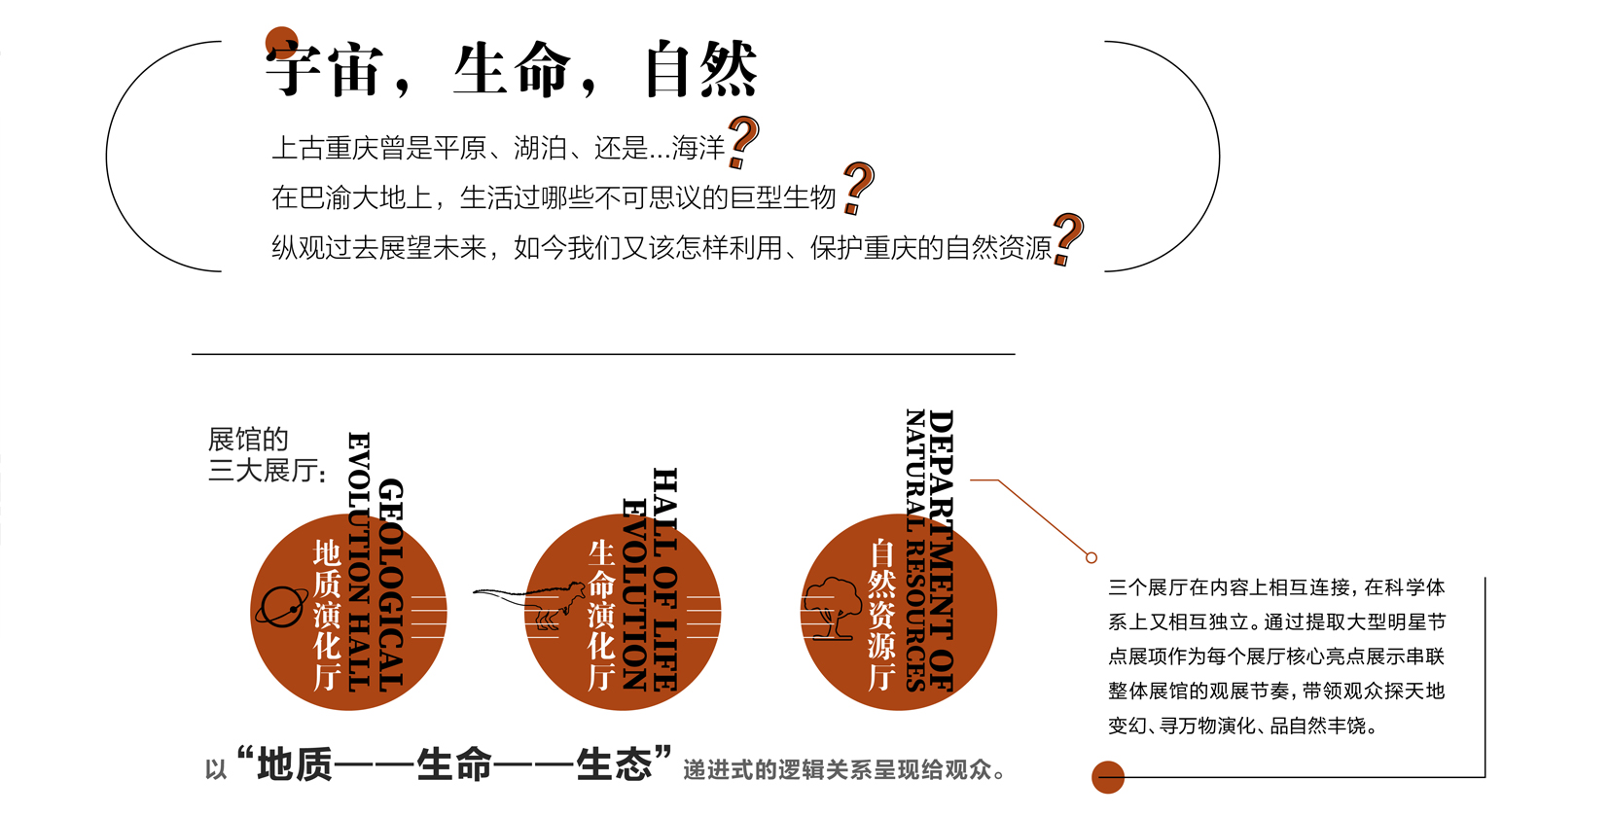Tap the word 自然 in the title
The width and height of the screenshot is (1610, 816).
pyautogui.click(x=700, y=69)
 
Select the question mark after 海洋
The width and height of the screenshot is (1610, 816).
pyautogui.click(x=743, y=143)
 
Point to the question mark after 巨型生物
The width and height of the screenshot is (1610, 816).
pyautogui.click(x=858, y=189)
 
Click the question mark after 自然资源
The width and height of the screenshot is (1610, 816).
pyautogui.click(x=1068, y=239)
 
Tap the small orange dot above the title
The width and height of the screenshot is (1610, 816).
pyautogui.click(x=282, y=43)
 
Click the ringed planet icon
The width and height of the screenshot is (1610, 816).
pyautogui.click(x=282, y=607)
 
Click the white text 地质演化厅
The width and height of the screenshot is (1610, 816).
pyautogui.click(x=327, y=616)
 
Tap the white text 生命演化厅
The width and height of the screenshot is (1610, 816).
pyautogui.click(x=601, y=616)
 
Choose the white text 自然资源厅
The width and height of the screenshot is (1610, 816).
pyautogui.click(x=882, y=616)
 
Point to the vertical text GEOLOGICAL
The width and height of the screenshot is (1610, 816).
pyautogui.click(x=391, y=585)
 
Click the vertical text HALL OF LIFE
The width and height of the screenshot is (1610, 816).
pyautogui.click(x=665, y=579)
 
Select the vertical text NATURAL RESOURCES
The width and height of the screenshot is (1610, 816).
pyautogui.click(x=915, y=550)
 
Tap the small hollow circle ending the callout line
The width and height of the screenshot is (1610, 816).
pyautogui.click(x=1091, y=557)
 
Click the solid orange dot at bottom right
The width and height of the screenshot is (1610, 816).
pyautogui.click(x=1108, y=777)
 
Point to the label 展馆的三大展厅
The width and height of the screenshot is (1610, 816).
pyautogui.click(x=267, y=455)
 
